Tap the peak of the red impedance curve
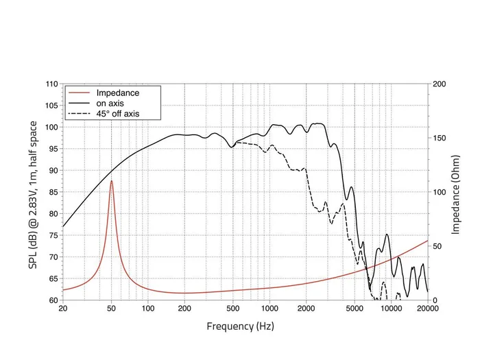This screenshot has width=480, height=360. click(111, 181)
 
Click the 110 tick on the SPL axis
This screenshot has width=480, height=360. click(51, 84)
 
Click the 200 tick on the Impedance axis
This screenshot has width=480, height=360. click(440, 84)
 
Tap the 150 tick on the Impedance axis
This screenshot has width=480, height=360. click(440, 139)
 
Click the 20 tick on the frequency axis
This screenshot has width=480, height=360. click(63, 309)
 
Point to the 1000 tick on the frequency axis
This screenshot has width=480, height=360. click(269, 309)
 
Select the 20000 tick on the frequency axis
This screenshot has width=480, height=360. click(427, 309)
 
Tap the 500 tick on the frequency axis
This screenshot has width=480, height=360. click(232, 309)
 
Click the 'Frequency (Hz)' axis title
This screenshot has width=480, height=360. click(241, 326)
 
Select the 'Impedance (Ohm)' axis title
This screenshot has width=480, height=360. click(455, 192)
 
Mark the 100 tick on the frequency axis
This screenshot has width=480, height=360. click(147, 309)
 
